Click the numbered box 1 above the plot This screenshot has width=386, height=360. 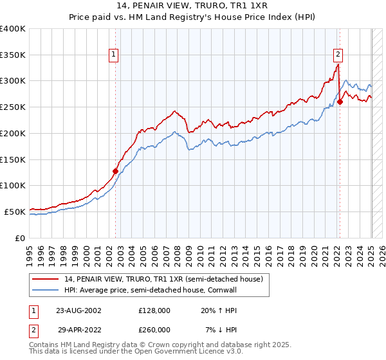[113, 55]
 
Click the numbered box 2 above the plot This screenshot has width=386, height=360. [338, 55]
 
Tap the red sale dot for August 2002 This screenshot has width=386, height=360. [116, 171]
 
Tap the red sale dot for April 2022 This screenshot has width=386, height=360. [340, 102]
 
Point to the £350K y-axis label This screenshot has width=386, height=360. [13, 55]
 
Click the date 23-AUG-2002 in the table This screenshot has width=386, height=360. [78, 310]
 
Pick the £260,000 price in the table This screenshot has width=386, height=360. [154, 330]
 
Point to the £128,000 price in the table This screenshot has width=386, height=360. [154, 310]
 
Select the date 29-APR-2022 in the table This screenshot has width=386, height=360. [78, 330]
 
